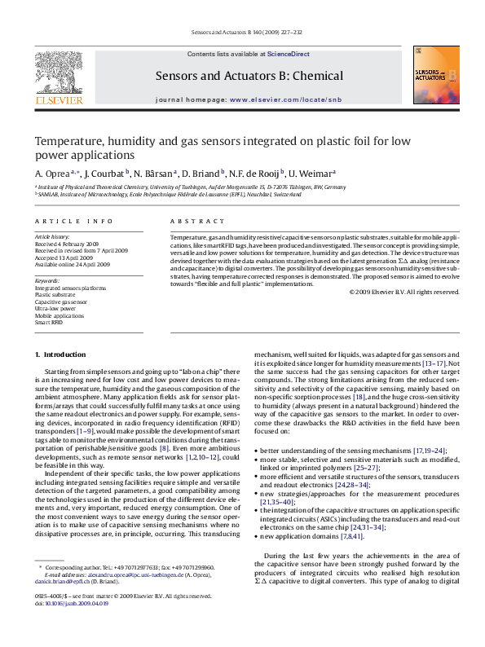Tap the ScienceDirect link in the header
coord(289,54)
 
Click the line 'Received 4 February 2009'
coord(66,244)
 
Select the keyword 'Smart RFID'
coord(49,323)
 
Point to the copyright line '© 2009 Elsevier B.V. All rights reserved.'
coord(404,292)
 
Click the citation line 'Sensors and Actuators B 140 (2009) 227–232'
coord(242,35)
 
